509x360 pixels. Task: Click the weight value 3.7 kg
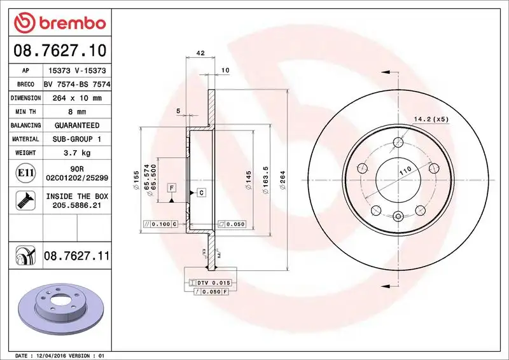point(76,153)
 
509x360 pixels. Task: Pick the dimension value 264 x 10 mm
point(76,99)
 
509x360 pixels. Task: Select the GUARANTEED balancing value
point(76,125)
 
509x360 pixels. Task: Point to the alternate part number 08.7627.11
point(76,256)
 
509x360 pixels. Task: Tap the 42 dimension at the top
point(200,54)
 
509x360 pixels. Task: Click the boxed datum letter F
point(171,188)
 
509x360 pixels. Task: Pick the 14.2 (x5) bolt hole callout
point(431,119)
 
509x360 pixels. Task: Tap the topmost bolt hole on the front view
point(398,141)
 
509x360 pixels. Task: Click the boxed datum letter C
point(200,192)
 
